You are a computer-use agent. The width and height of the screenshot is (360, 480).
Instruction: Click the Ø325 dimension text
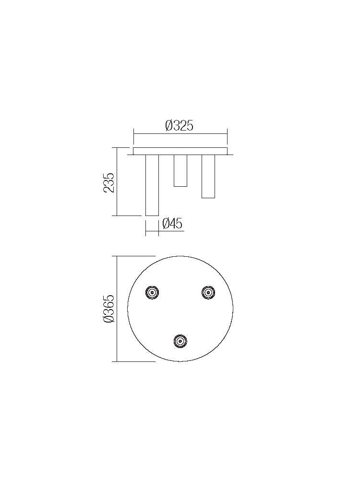[179, 126]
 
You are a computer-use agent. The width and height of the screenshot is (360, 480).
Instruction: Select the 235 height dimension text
[109, 182]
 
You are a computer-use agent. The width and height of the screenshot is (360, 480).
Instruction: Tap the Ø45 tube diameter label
[172, 224]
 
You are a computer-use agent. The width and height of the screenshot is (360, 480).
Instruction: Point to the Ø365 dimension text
[109, 309]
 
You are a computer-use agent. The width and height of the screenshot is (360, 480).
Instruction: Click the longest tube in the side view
[152, 185]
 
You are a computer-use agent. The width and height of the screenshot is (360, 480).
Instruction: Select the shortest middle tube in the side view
[180, 170]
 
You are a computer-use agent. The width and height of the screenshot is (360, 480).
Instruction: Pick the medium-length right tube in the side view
[208, 176]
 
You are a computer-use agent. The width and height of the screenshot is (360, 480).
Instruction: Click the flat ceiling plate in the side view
[180, 151]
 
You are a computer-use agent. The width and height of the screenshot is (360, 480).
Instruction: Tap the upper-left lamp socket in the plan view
[152, 292]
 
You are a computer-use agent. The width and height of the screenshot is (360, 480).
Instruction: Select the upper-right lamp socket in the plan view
[208, 292]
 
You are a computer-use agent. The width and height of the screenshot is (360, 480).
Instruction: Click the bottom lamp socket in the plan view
[180, 341]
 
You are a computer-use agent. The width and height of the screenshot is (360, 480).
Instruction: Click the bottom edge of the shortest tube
[180, 186]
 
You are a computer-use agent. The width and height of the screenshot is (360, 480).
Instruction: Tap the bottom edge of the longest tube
[152, 216]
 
